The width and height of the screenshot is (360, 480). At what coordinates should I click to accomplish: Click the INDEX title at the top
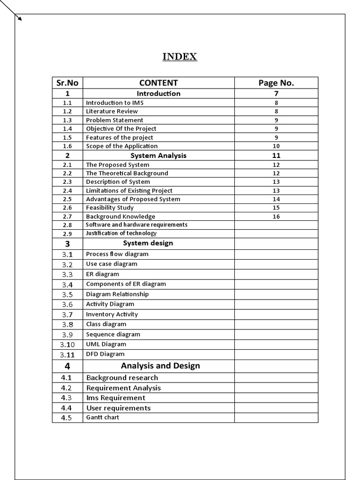[x=180, y=57]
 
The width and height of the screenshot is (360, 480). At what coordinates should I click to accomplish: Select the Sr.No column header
[x=67, y=83]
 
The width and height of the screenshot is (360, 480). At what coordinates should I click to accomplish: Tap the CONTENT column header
[x=158, y=83]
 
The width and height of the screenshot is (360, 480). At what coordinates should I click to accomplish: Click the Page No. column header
[x=276, y=83]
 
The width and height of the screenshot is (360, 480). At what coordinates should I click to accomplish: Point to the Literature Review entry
[x=112, y=111]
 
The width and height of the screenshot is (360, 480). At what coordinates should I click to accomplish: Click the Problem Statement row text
[x=114, y=120]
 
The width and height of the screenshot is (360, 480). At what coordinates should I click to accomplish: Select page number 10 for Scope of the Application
[x=276, y=146]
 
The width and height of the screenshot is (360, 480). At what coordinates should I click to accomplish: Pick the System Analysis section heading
[x=158, y=156]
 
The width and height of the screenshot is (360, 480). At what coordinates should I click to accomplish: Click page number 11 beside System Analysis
[x=276, y=156]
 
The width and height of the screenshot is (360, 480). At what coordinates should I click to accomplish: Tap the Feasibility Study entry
[x=110, y=208]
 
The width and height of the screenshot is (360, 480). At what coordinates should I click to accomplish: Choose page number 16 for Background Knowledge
[x=276, y=217]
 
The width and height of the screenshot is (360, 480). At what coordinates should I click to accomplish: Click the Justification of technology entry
[x=121, y=233]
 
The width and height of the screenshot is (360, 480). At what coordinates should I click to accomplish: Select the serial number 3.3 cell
[x=67, y=275]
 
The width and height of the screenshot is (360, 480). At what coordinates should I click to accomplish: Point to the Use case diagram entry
[x=112, y=264]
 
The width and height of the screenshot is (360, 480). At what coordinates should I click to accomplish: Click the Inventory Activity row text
[x=112, y=315]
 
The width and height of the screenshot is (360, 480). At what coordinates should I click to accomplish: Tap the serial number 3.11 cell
[x=67, y=355]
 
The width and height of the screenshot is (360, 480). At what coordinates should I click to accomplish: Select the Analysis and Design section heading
[x=160, y=366]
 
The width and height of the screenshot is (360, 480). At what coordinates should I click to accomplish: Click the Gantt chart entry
[x=102, y=417]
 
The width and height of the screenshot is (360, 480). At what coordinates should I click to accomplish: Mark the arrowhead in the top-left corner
[x=20, y=19]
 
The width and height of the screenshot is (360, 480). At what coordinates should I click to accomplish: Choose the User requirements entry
[x=118, y=408]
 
